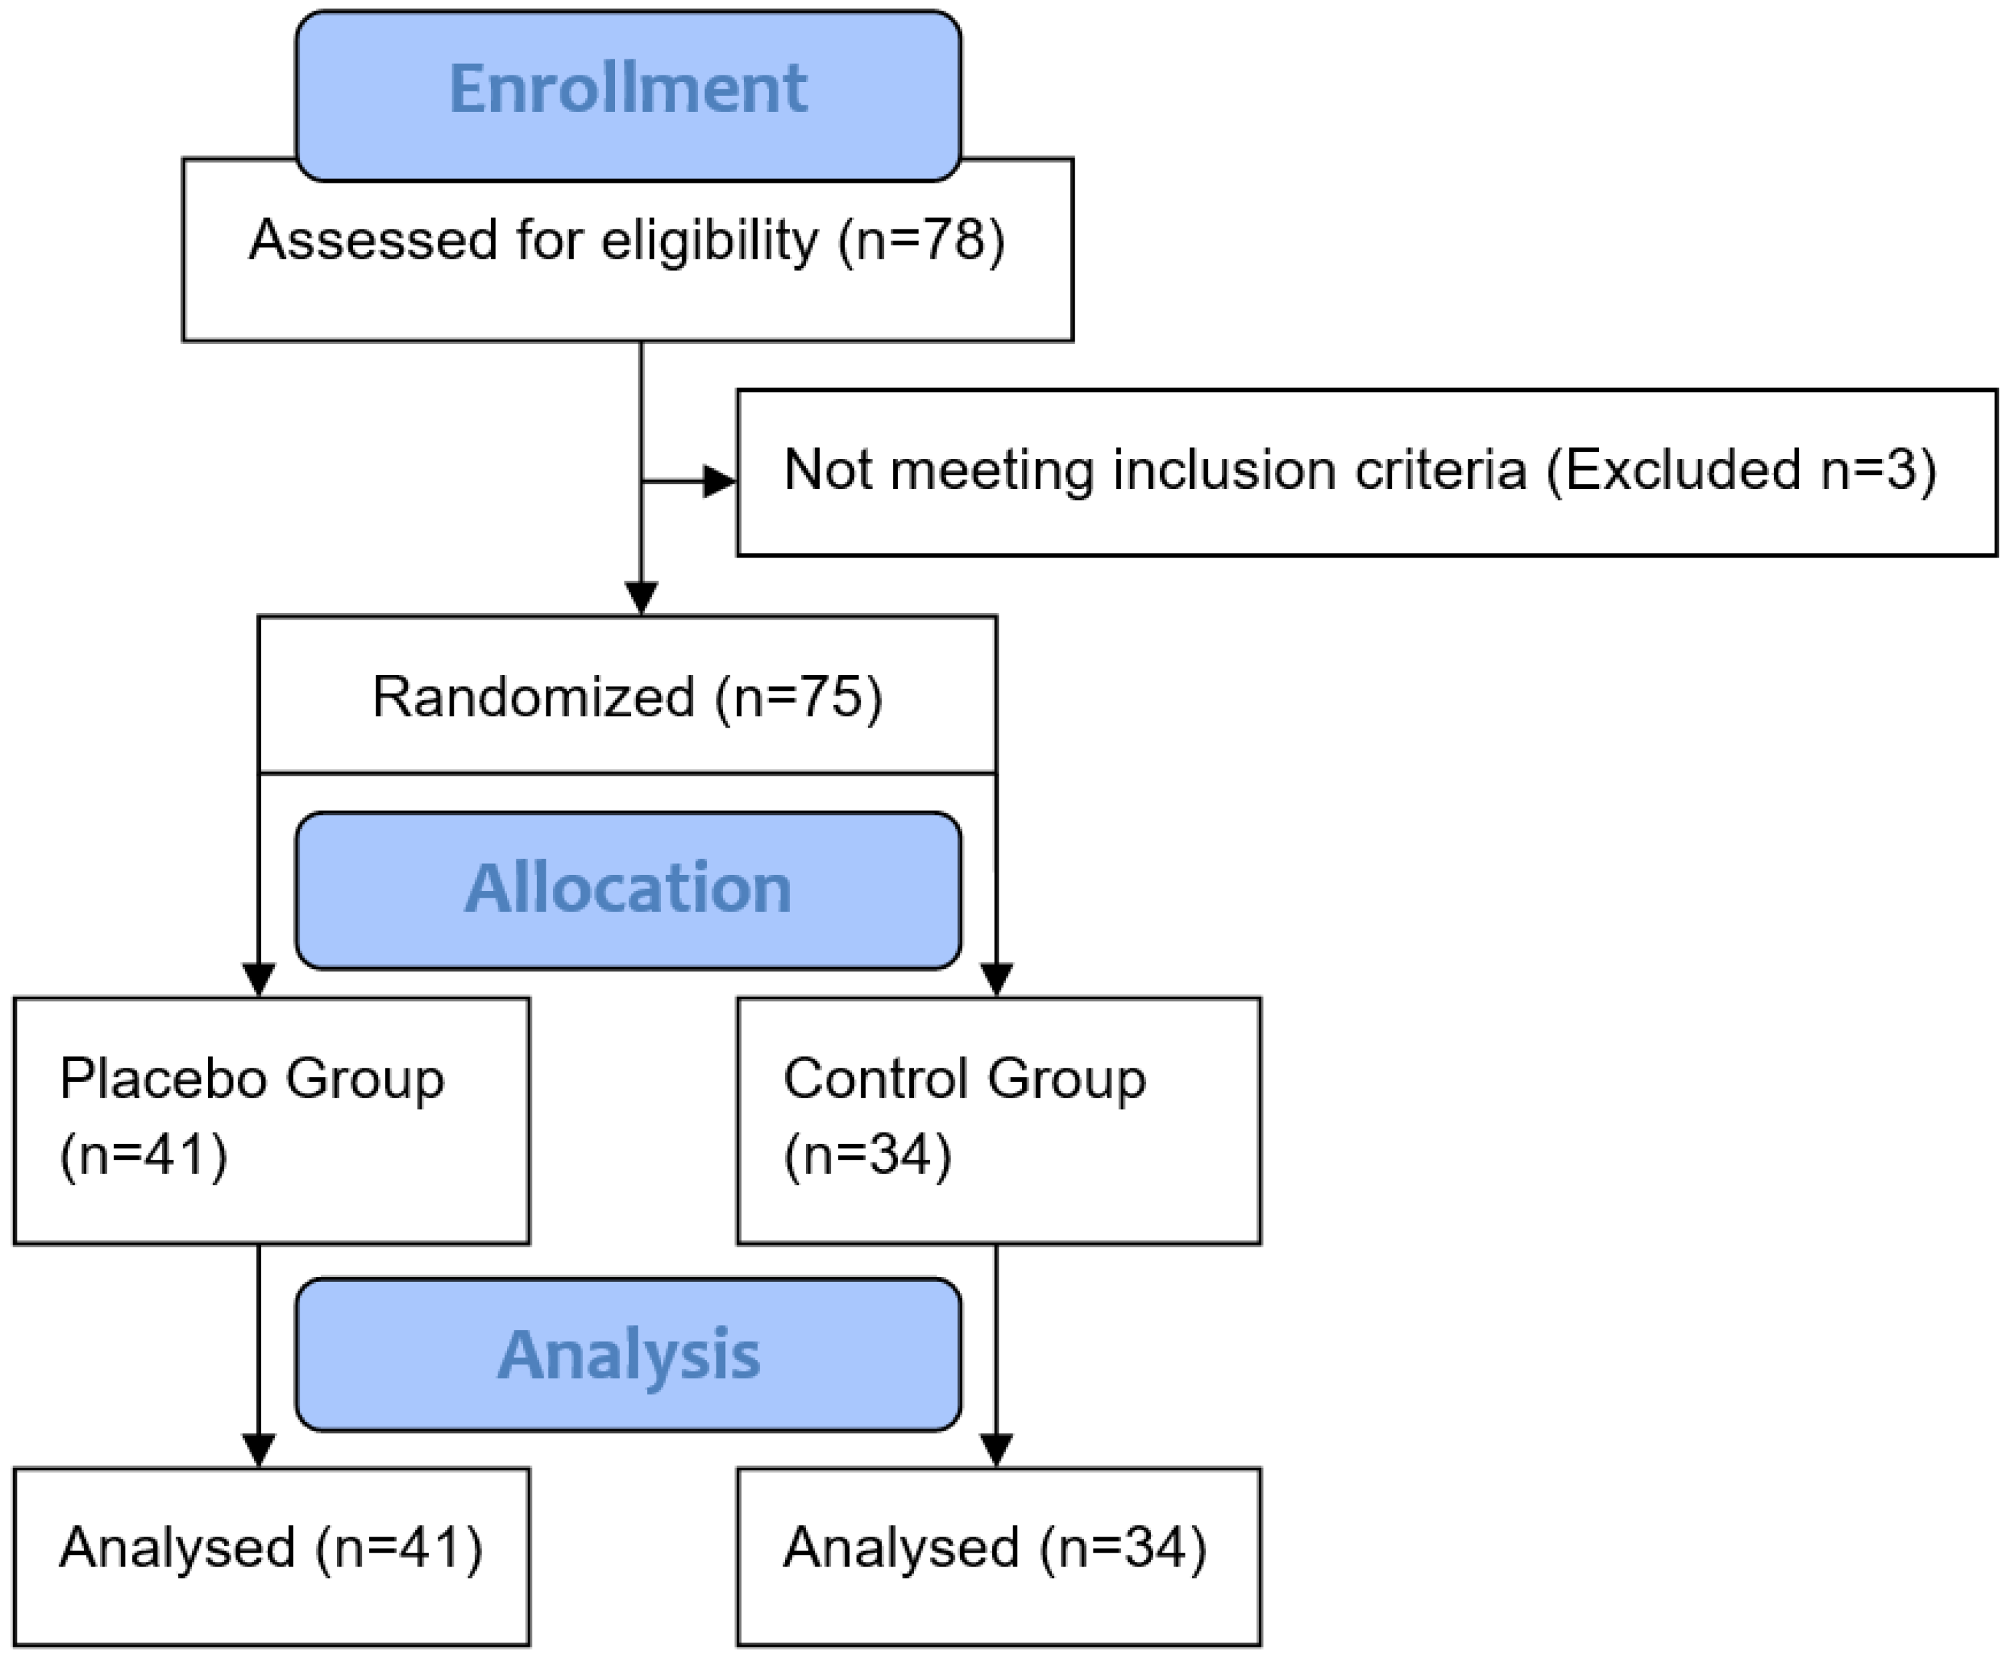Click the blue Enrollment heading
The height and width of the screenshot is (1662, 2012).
(628, 89)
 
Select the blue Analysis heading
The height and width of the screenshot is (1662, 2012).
(628, 1354)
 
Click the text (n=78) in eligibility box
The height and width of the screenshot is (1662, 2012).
(921, 239)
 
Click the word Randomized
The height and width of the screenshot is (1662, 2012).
(534, 696)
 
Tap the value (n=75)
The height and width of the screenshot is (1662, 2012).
(799, 696)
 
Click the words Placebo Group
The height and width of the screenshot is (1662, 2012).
(252, 1079)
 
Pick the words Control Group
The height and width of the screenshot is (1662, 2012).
(965, 1079)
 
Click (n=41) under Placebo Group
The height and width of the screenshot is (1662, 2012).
(143, 1154)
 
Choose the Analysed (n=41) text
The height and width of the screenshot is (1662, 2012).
(271, 1547)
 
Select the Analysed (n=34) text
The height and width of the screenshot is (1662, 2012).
(995, 1547)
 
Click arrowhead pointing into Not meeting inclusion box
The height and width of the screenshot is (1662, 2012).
(720, 482)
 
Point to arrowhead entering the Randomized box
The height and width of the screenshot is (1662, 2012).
(642, 598)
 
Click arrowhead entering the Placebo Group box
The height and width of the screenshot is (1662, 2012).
(260, 979)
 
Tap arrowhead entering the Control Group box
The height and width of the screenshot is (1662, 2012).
(997, 979)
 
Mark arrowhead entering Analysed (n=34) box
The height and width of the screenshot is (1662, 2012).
(997, 1449)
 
